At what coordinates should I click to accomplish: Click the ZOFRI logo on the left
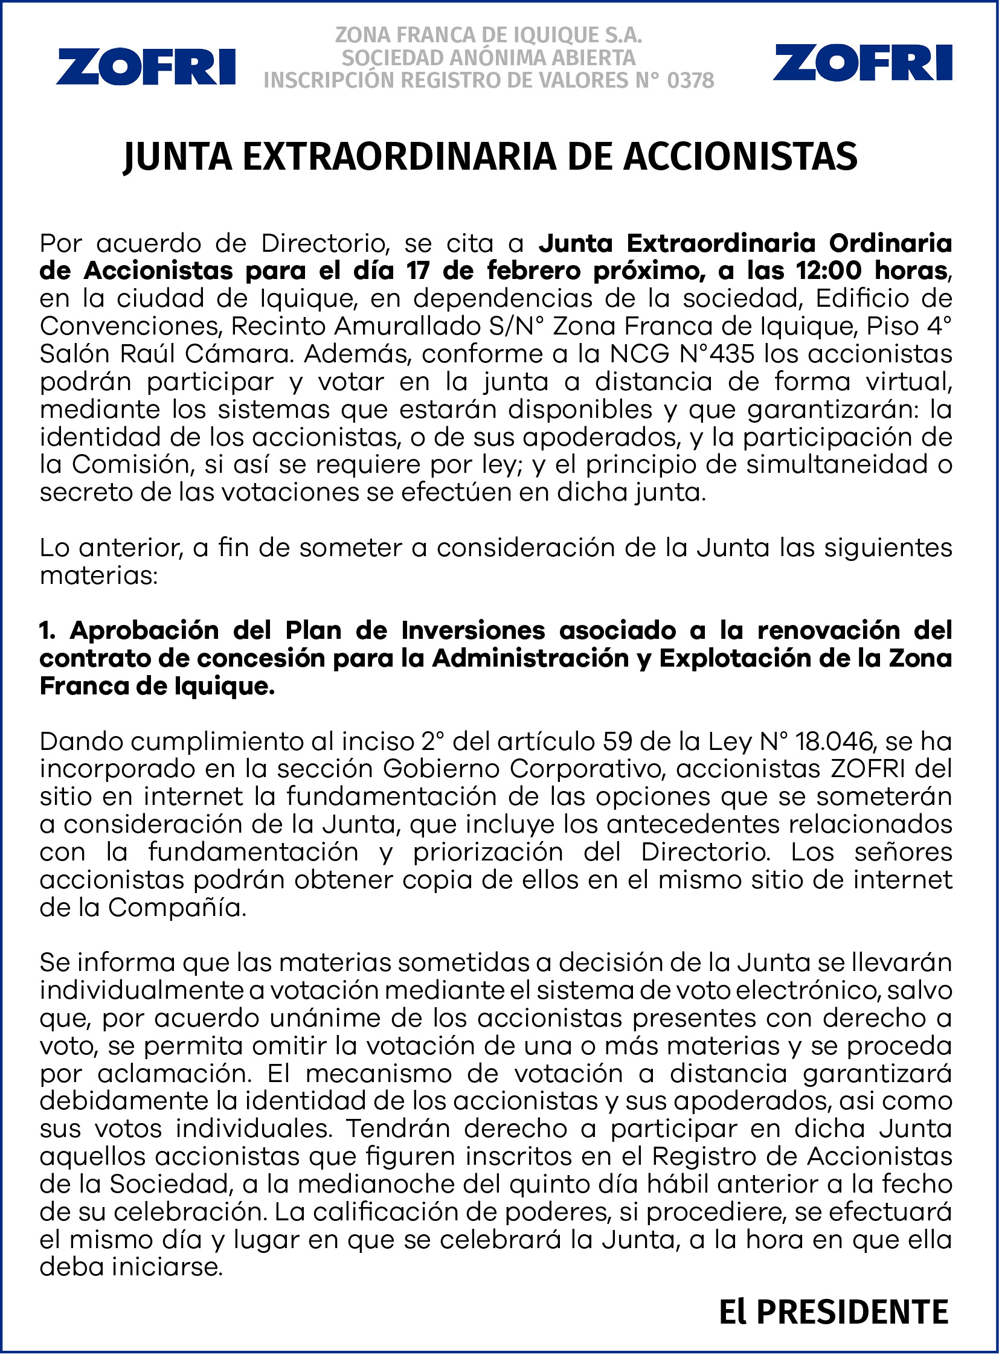(146, 67)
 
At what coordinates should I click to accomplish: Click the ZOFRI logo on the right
(862, 63)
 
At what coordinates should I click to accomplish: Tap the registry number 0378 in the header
(690, 80)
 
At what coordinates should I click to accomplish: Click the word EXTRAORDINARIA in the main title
(399, 157)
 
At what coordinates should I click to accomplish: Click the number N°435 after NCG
(716, 354)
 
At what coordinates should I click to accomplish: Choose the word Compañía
(176, 908)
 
